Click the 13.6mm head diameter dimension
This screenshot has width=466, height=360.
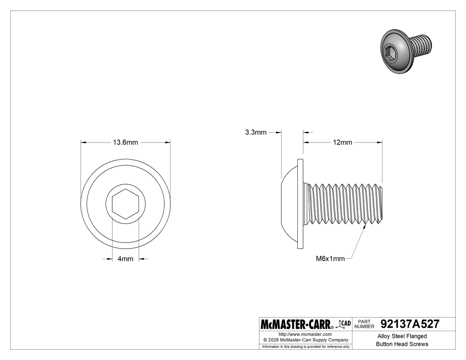[126, 142]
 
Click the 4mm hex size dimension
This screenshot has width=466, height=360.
[125, 259]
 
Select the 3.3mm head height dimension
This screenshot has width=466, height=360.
[256, 132]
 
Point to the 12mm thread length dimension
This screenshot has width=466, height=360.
[342, 142]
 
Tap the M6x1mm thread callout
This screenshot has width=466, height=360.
[330, 259]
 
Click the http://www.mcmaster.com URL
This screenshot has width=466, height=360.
[305, 334]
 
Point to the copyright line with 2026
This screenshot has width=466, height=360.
[305, 340]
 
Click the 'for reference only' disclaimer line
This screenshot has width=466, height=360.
[306, 346]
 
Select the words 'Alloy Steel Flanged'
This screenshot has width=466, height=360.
[402, 336]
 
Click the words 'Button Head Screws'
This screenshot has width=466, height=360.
[402, 344]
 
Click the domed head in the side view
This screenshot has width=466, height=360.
[289, 203]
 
